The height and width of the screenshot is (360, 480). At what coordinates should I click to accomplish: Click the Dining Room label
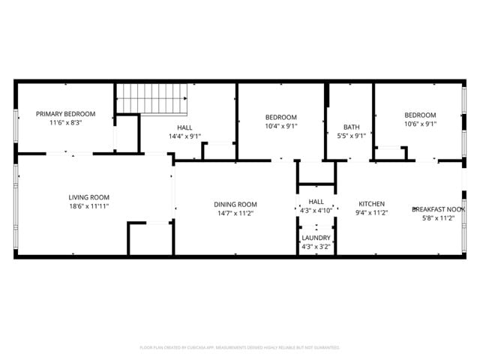[235, 204]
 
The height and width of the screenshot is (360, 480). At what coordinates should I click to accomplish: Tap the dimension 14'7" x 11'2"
[235, 213]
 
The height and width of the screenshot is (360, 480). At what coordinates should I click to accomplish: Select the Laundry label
[316, 238]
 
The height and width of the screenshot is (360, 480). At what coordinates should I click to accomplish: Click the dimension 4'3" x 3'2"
[316, 246]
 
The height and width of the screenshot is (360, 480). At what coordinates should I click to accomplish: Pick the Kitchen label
[371, 204]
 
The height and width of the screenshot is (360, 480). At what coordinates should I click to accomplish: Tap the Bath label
[351, 127]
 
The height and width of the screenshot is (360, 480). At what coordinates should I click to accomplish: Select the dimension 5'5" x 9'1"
[351, 136]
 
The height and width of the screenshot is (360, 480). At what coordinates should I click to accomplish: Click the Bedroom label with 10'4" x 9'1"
[281, 117]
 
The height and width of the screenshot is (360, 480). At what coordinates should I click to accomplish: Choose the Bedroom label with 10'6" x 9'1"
[420, 115]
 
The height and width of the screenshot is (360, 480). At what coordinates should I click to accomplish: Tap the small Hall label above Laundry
[316, 202]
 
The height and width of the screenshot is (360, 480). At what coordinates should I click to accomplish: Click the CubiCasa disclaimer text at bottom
[239, 347]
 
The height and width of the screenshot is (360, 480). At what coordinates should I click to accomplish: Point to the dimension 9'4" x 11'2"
[371, 213]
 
